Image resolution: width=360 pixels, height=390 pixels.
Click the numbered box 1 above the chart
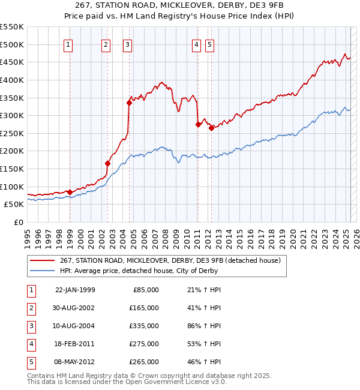click(x=68, y=44)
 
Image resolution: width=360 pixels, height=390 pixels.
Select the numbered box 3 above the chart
click(x=128, y=44)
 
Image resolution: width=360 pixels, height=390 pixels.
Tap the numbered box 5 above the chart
click(x=209, y=44)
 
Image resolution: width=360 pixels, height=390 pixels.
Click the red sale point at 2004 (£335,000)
click(x=129, y=103)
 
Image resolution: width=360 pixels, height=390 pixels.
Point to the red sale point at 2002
click(x=108, y=163)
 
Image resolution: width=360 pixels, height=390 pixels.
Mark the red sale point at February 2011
click(x=199, y=124)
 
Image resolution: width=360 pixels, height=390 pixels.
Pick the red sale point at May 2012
click(x=211, y=128)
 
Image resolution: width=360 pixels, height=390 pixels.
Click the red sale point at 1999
click(x=70, y=192)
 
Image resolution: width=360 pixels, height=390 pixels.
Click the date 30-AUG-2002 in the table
click(x=75, y=308)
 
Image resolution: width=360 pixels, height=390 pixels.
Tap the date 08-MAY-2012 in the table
click(x=75, y=362)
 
